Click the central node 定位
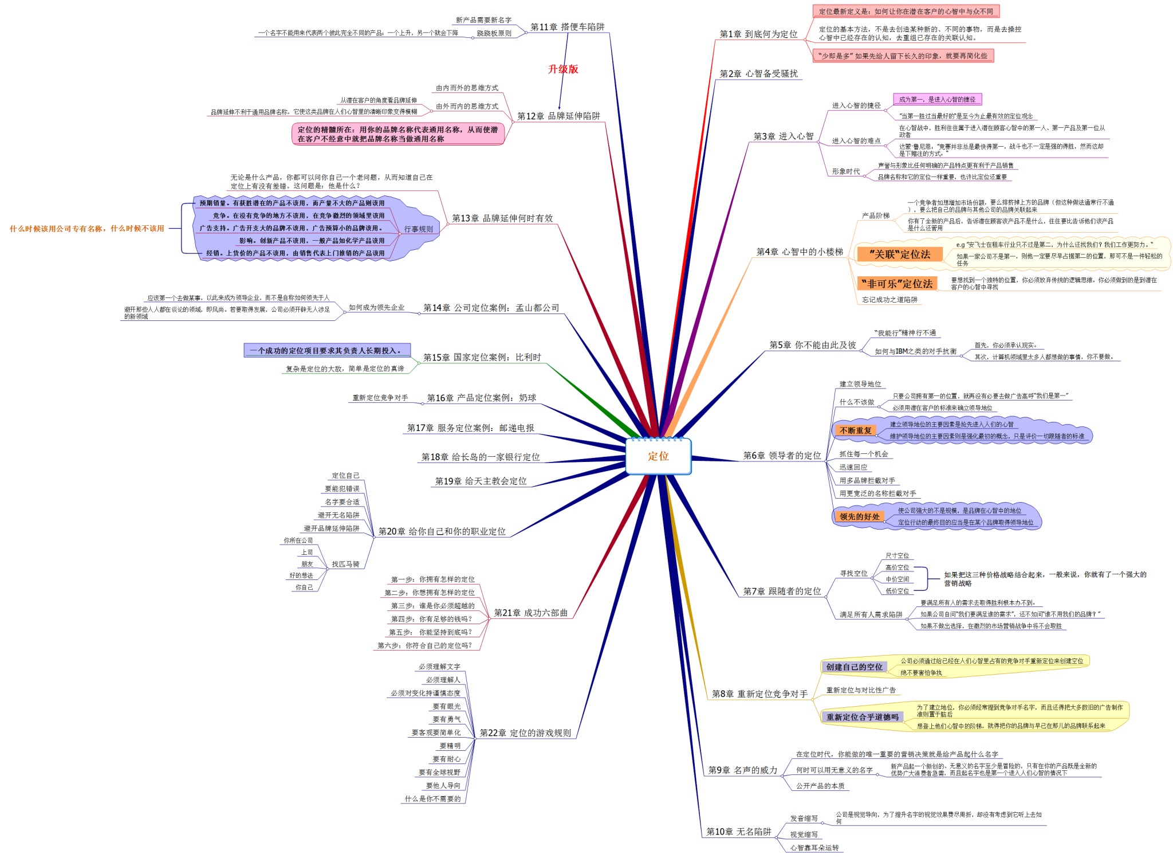coord(658,456)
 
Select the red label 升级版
coord(563,69)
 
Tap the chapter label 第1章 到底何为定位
coord(758,34)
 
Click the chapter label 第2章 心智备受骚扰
coord(758,74)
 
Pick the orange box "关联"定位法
coord(899,254)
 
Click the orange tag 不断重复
coord(855,430)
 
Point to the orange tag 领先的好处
coord(859,516)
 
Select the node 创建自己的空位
coord(854,667)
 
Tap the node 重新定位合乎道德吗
coord(862,717)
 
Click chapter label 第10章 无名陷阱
coord(738,832)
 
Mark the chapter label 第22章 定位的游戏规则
coord(525,733)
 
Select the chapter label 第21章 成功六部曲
coord(530,613)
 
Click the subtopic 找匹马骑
coord(345,565)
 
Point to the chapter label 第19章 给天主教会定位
coord(481,481)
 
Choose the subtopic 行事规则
coord(418,229)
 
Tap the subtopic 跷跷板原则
coord(494,33)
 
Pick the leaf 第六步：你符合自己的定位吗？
coord(424,646)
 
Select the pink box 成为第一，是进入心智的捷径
coord(937,100)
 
